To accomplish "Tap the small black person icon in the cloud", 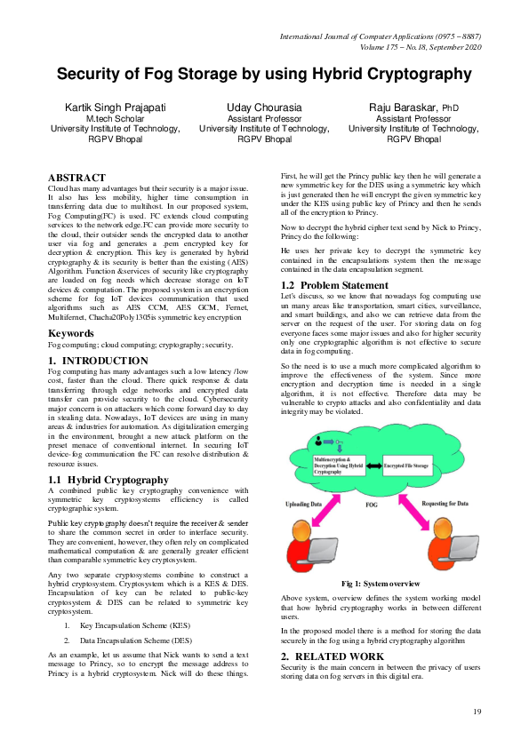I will click(x=318, y=441).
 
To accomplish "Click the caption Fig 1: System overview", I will click(x=381, y=583).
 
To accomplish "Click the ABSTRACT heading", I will click(x=77, y=178).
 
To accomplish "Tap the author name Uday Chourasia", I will click(x=264, y=107).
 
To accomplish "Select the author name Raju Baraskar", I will click(x=406, y=107).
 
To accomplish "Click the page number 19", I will click(x=477, y=711).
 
